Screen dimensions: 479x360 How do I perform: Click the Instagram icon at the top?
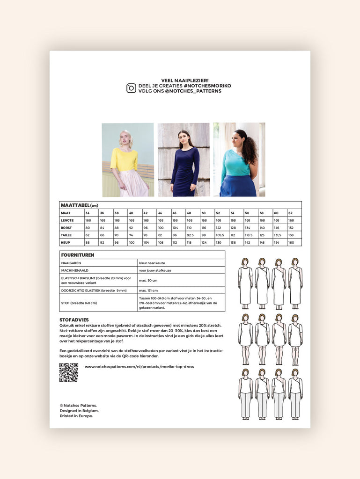pos(131,88)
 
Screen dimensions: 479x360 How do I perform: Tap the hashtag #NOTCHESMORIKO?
pos(207,86)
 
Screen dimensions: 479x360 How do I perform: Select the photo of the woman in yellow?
pos(128,160)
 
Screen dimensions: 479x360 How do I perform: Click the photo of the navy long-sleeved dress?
pos(184,160)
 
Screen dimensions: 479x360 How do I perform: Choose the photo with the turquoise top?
pos(239,160)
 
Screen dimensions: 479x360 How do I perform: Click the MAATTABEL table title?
pos(79,205)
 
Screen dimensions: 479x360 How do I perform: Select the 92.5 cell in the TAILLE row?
pos(190,235)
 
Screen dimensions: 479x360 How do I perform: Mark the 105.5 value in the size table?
pos(220,235)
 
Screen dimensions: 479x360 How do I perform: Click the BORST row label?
pos(67,228)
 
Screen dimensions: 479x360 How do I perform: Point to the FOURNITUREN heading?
pos(78,255)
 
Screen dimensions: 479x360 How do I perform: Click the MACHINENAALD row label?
pos(74,270)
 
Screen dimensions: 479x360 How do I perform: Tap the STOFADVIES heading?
pos(74,319)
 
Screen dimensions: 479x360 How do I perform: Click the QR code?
pos(68,372)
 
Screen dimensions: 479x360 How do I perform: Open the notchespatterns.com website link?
pos(139,367)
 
